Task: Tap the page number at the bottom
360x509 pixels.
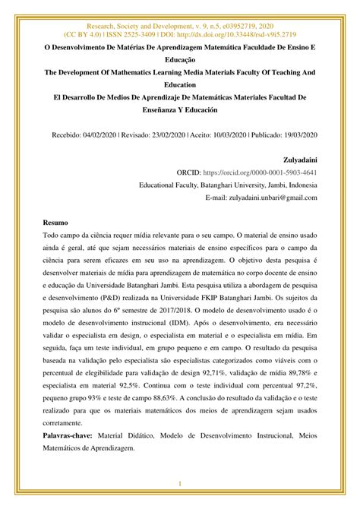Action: pos(180,484)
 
